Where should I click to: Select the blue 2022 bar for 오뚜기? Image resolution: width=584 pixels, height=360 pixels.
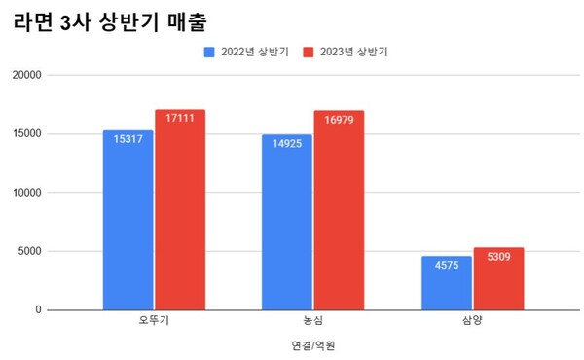coord(128,224)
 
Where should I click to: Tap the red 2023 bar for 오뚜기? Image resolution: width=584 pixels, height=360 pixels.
coord(179,214)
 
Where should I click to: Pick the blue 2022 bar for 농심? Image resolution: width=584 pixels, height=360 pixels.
coord(286,226)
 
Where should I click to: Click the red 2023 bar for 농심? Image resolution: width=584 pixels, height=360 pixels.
coord(339,214)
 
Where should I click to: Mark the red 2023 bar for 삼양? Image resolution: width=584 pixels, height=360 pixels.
coord(498,280)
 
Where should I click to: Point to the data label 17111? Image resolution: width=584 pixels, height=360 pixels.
coord(179,119)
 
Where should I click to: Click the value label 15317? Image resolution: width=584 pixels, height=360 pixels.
coord(128,139)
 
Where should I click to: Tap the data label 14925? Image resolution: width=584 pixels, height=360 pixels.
coord(286,144)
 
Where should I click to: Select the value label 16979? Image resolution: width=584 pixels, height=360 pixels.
coord(339,120)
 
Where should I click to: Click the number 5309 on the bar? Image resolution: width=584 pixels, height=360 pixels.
coord(498,257)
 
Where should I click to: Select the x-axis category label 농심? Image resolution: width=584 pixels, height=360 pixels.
coord(313,319)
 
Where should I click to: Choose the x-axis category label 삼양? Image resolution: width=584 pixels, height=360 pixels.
coord(472,319)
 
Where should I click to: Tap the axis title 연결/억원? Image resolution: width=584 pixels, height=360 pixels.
coord(313,344)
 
